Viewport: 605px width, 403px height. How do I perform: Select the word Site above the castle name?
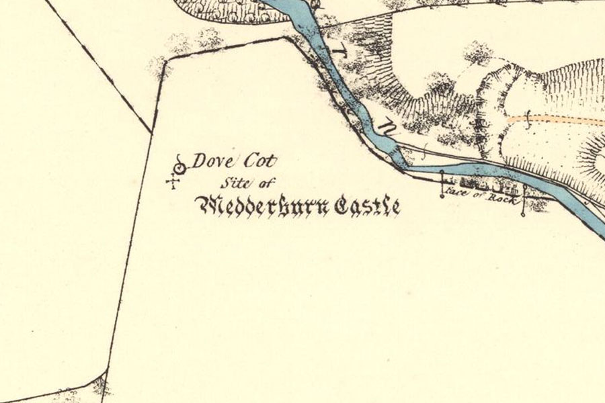click(232, 183)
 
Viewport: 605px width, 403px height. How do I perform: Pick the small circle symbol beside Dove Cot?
click(179, 167)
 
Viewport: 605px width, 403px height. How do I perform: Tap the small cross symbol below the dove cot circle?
click(173, 181)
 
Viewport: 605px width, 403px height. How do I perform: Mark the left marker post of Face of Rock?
click(442, 184)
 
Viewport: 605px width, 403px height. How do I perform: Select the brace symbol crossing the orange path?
click(528, 122)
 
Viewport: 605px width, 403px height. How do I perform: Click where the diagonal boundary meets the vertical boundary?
click(151, 131)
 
